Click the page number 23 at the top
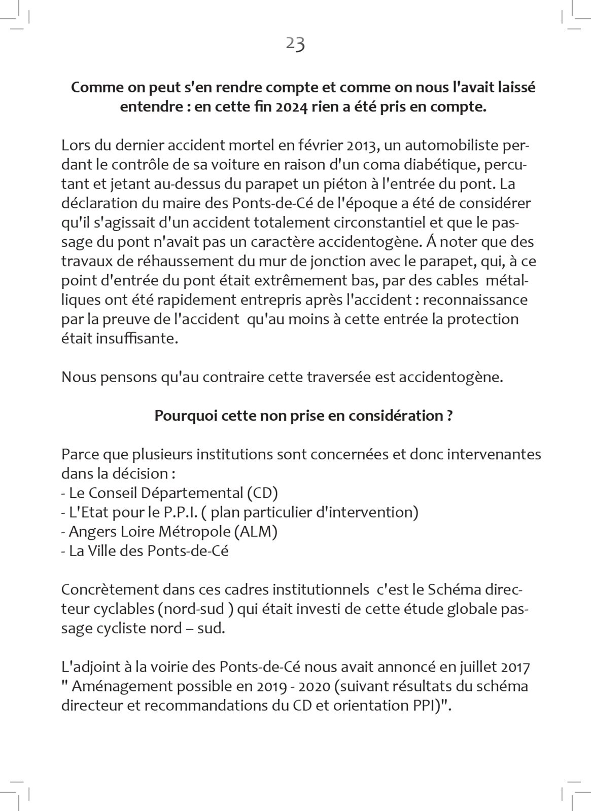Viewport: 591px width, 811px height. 295,44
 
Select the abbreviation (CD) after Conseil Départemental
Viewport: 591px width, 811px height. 262,493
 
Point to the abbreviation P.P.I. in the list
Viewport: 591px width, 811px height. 180,512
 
